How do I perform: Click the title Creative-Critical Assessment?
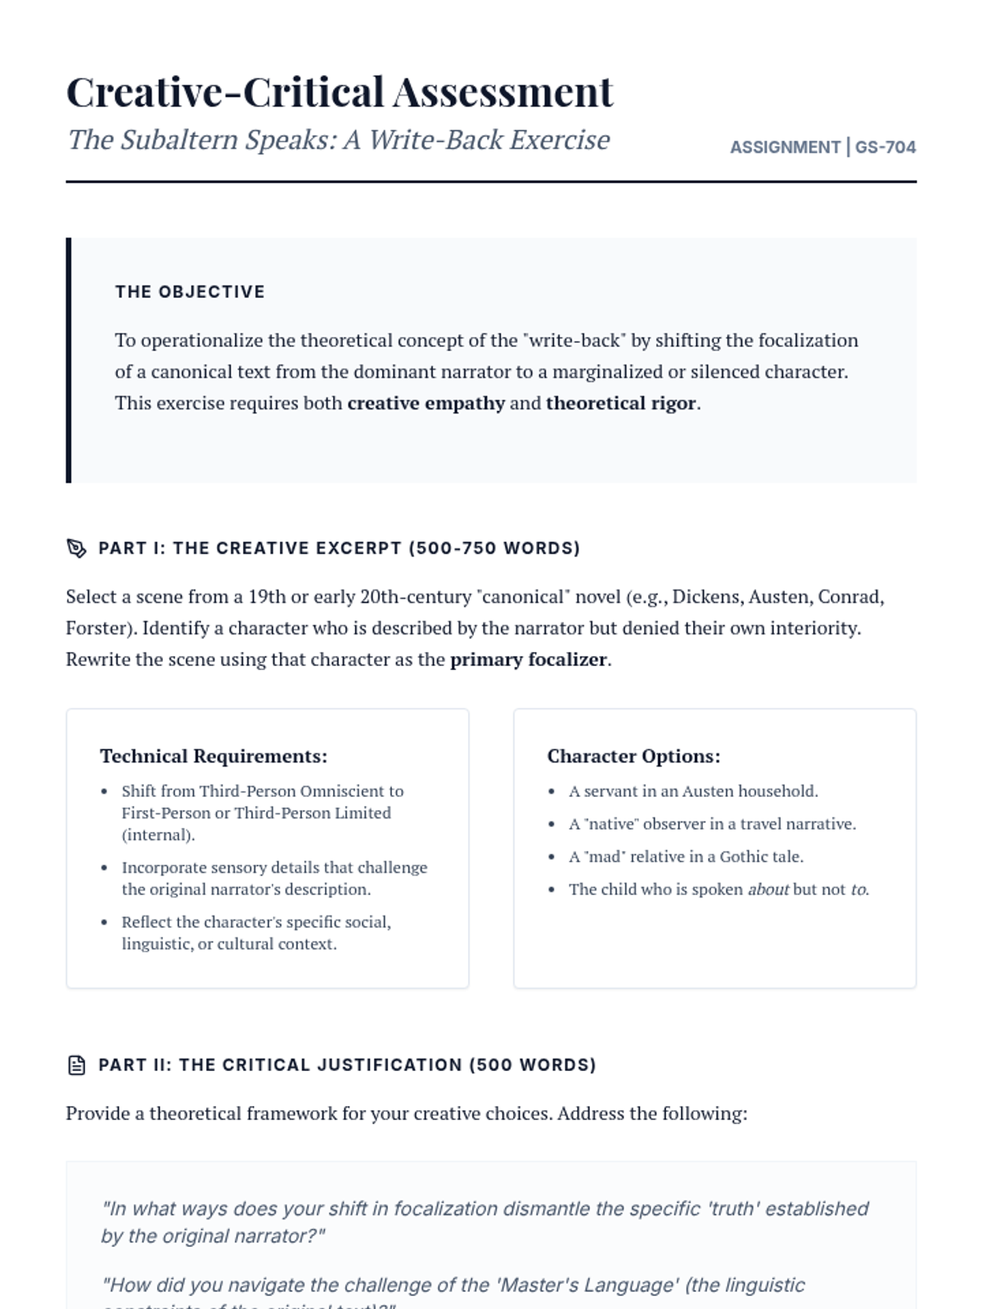[x=339, y=92]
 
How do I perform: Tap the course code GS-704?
[x=885, y=147]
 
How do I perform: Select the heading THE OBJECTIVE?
[x=190, y=292]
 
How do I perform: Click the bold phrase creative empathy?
[x=426, y=403]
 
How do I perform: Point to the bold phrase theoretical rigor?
[x=621, y=403]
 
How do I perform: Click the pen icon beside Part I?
[x=76, y=548]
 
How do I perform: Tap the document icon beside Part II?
[x=76, y=1065]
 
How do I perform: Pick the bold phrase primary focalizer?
[x=528, y=659]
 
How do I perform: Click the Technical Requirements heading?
[x=214, y=756]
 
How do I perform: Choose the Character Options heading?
[x=633, y=756]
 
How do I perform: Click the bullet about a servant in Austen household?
[x=693, y=791]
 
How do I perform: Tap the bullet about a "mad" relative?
[x=686, y=857]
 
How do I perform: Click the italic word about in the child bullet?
[x=768, y=889]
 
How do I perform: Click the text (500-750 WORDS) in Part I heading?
[x=494, y=548]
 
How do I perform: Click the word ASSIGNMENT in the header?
[x=785, y=147]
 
